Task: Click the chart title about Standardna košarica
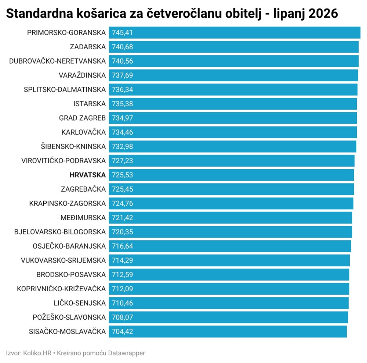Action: tap(172, 14)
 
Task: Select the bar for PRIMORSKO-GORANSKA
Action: tap(235, 33)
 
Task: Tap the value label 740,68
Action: tap(123, 47)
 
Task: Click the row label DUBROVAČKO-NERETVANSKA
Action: tap(57, 61)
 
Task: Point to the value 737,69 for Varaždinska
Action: tap(123, 75)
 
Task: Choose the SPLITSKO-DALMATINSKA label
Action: tap(65, 90)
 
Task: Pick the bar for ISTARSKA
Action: tap(233, 104)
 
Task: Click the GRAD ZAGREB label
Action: tap(82, 118)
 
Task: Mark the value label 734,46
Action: tap(123, 132)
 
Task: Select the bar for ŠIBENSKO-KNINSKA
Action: tap(233, 146)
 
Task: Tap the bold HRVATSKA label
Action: tap(88, 175)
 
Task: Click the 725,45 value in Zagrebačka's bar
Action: tap(123, 189)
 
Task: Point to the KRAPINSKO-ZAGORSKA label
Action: tap(68, 203)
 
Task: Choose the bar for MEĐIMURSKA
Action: tap(230, 218)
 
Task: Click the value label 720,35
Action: tap(123, 232)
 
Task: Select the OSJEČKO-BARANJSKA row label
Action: tap(69, 246)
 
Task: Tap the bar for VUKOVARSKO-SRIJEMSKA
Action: tap(229, 260)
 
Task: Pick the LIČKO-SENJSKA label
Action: tap(80, 303)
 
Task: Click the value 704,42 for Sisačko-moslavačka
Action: tap(123, 332)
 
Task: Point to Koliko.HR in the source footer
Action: tap(37, 353)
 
